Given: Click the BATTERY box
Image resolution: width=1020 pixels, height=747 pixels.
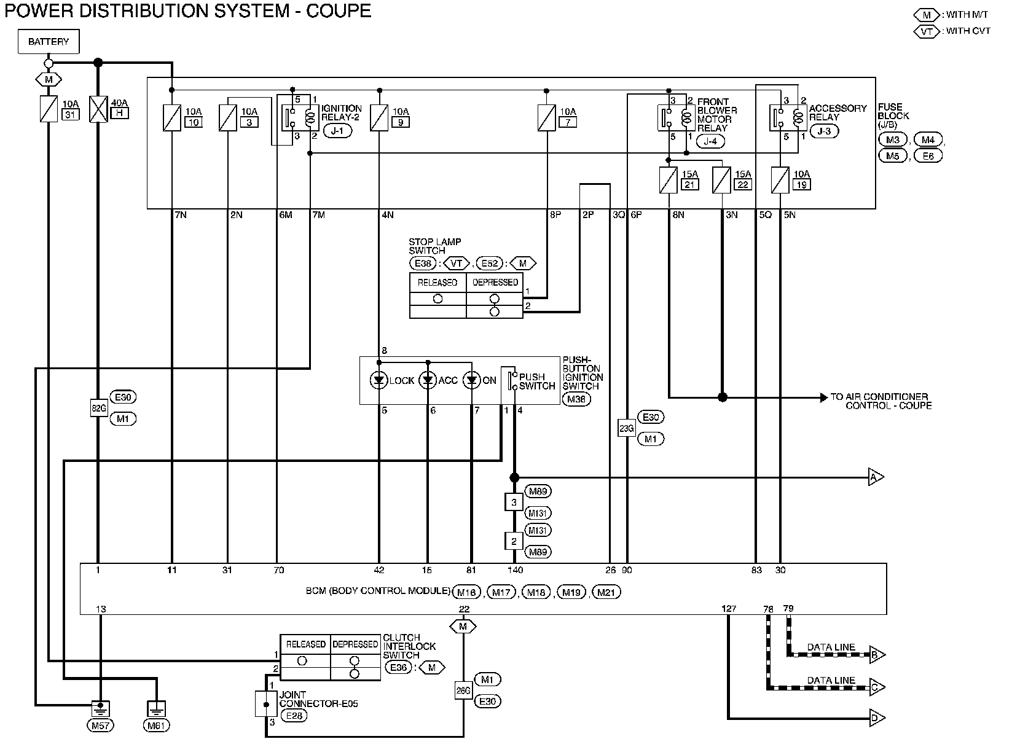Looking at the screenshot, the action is pos(49,41).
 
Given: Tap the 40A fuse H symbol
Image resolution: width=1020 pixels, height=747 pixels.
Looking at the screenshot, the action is pos(98,109).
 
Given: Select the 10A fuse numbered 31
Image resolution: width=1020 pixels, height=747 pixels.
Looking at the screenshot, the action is pos(49,109).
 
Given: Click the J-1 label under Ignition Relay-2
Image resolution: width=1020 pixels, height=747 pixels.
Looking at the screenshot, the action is pos(337,131).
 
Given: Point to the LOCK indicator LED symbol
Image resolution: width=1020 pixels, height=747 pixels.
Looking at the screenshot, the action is pos(379,380).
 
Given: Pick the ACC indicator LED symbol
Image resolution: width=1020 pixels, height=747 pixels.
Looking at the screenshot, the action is pos(428,380).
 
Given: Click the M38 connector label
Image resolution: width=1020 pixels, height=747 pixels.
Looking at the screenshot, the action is pos(576,399).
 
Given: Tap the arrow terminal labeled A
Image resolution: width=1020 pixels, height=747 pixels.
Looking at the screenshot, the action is pos(876,477).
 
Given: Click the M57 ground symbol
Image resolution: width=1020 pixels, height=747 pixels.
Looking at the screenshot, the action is pos(101,709).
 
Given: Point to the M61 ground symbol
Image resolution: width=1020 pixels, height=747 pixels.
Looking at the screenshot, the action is pos(156,709).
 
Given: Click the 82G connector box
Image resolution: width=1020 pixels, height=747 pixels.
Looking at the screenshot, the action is pos(99,408).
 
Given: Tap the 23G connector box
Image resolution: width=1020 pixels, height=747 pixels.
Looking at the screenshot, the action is pos(627,428).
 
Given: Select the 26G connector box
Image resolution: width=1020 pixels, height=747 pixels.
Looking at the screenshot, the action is pos(463,690).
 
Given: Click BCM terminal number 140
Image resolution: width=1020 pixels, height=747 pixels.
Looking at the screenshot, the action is pos(516,570).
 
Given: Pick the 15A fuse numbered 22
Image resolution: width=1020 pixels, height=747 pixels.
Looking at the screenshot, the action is pos(722,180).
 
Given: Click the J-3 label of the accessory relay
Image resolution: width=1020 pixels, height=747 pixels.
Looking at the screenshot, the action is pos(824,131).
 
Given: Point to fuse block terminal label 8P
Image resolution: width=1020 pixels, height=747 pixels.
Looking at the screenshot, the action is pos(555,215).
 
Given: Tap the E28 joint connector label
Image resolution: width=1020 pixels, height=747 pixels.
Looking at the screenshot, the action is pos(294,716).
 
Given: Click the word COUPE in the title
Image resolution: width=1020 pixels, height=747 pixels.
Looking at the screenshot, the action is pos(339,10).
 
